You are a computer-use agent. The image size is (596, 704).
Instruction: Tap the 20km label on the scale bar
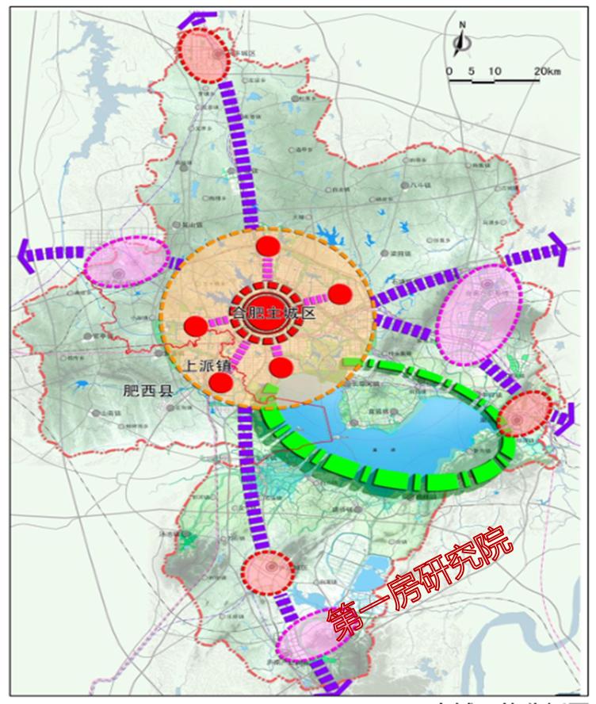pyautogui.click(x=547, y=72)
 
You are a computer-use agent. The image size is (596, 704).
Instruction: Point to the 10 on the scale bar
pyautogui.click(x=495, y=72)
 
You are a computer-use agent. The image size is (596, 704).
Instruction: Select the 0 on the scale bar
pyautogui.click(x=449, y=72)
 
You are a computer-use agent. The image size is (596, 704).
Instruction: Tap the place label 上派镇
pyautogui.click(x=208, y=365)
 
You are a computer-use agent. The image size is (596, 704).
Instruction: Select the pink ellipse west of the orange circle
pyautogui.click(x=127, y=262)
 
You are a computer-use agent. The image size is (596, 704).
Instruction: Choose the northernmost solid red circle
pyautogui.click(x=268, y=247)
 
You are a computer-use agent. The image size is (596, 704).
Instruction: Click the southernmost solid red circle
pyautogui.click(x=222, y=383)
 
